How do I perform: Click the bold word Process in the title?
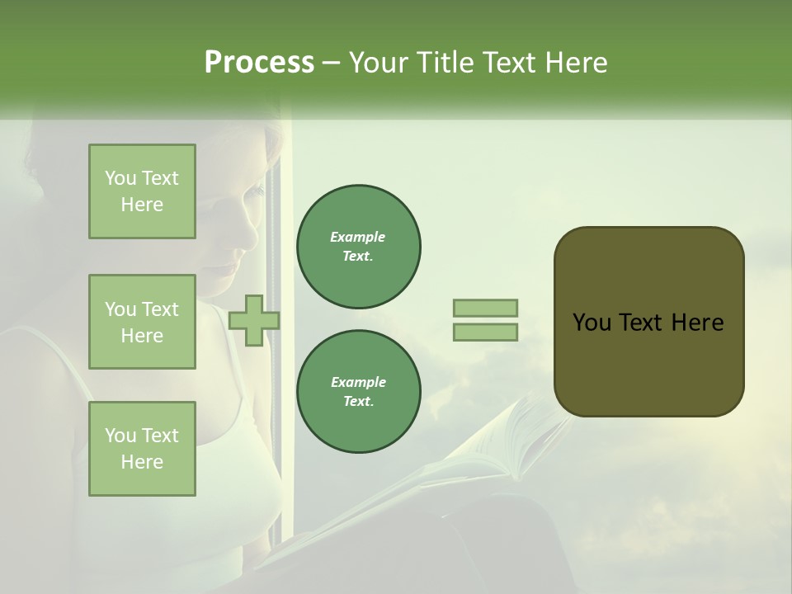(259, 63)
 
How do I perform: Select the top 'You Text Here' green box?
(142, 191)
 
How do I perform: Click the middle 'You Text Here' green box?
(142, 322)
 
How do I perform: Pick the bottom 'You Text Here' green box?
(142, 449)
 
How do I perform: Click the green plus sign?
(254, 320)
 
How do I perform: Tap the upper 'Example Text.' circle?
(359, 247)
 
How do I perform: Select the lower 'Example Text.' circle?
(359, 392)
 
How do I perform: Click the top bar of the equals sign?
(486, 308)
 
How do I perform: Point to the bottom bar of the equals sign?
(486, 332)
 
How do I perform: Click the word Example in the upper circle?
(358, 237)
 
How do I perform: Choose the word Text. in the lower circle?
(358, 402)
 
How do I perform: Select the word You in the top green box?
(120, 178)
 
